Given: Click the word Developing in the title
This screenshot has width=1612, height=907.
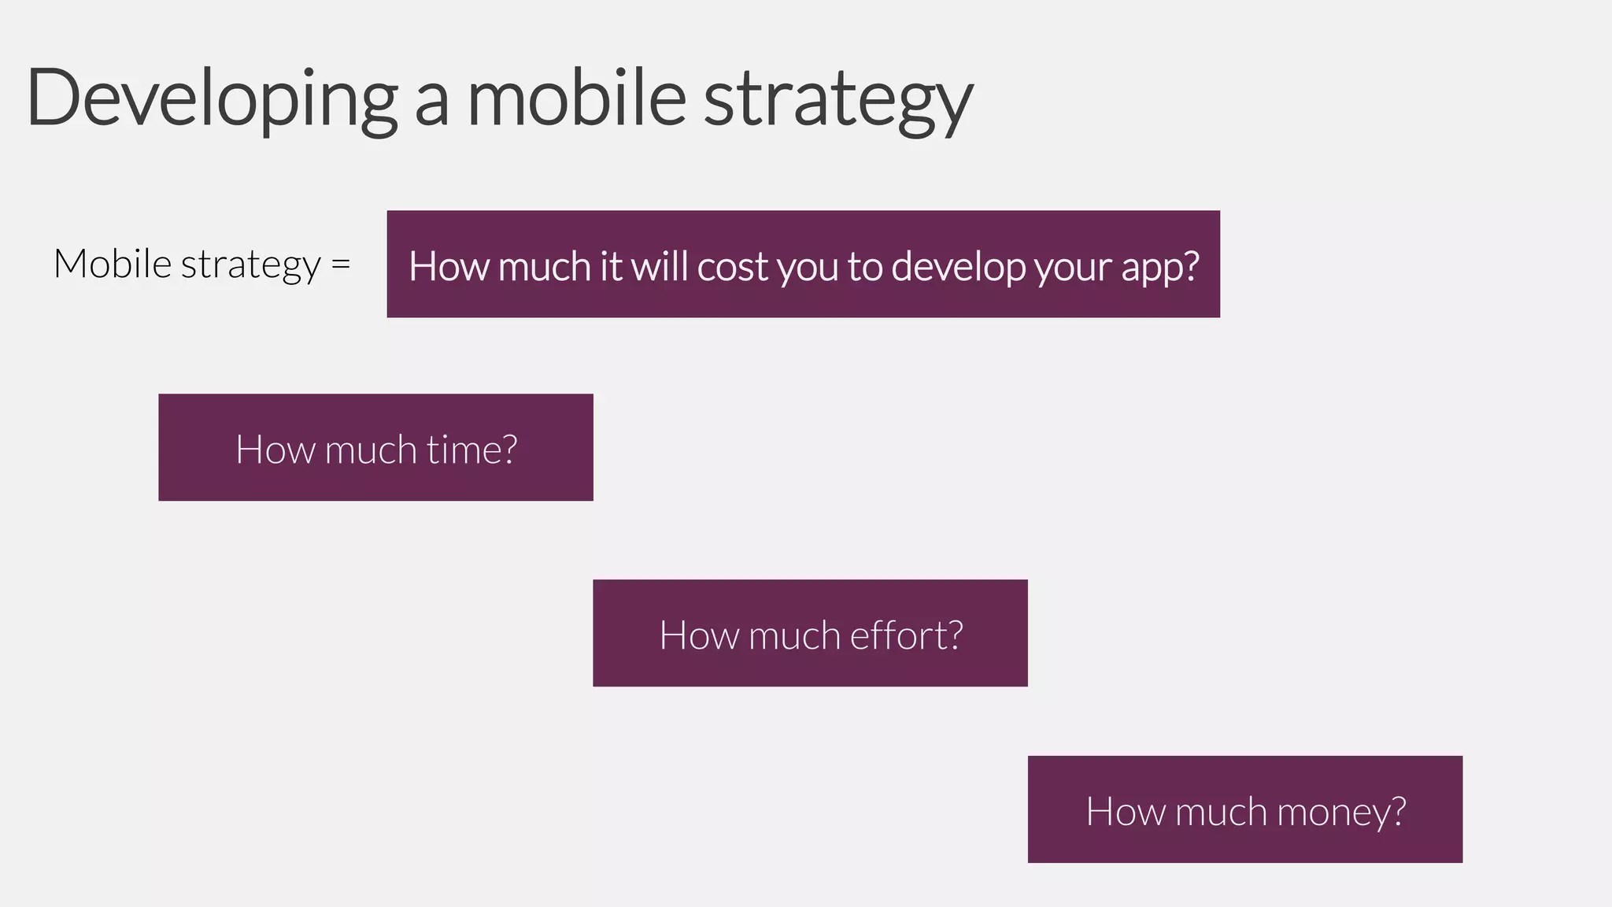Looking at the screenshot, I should [x=211, y=98].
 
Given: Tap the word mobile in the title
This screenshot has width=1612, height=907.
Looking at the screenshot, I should [x=577, y=98].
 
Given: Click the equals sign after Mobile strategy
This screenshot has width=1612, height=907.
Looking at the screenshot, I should [x=340, y=264].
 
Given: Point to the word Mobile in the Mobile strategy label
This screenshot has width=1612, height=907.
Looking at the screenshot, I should [x=112, y=263].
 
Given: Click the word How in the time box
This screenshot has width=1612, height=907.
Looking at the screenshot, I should [x=275, y=450].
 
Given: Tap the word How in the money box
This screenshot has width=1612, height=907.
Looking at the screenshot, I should [x=1125, y=812].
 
